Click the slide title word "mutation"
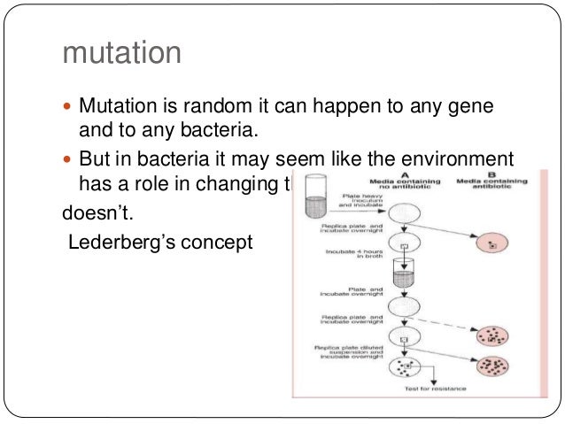pyautogui.click(x=122, y=54)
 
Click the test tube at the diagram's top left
pyautogui.click(x=315, y=197)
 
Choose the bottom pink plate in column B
pyautogui.click(x=489, y=366)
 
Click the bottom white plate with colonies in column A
pyautogui.click(x=403, y=365)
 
